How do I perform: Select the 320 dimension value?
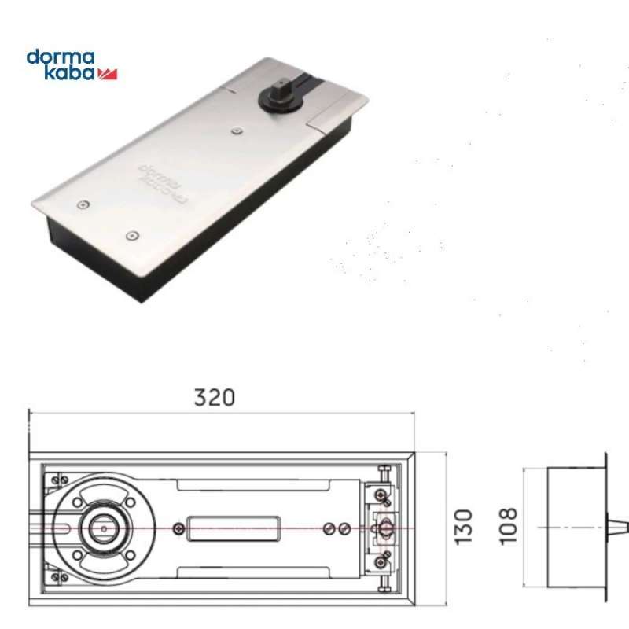pyautogui.click(x=214, y=397)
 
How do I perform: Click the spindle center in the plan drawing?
pyautogui.click(x=101, y=527)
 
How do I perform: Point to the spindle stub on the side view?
pyautogui.click(x=618, y=526)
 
